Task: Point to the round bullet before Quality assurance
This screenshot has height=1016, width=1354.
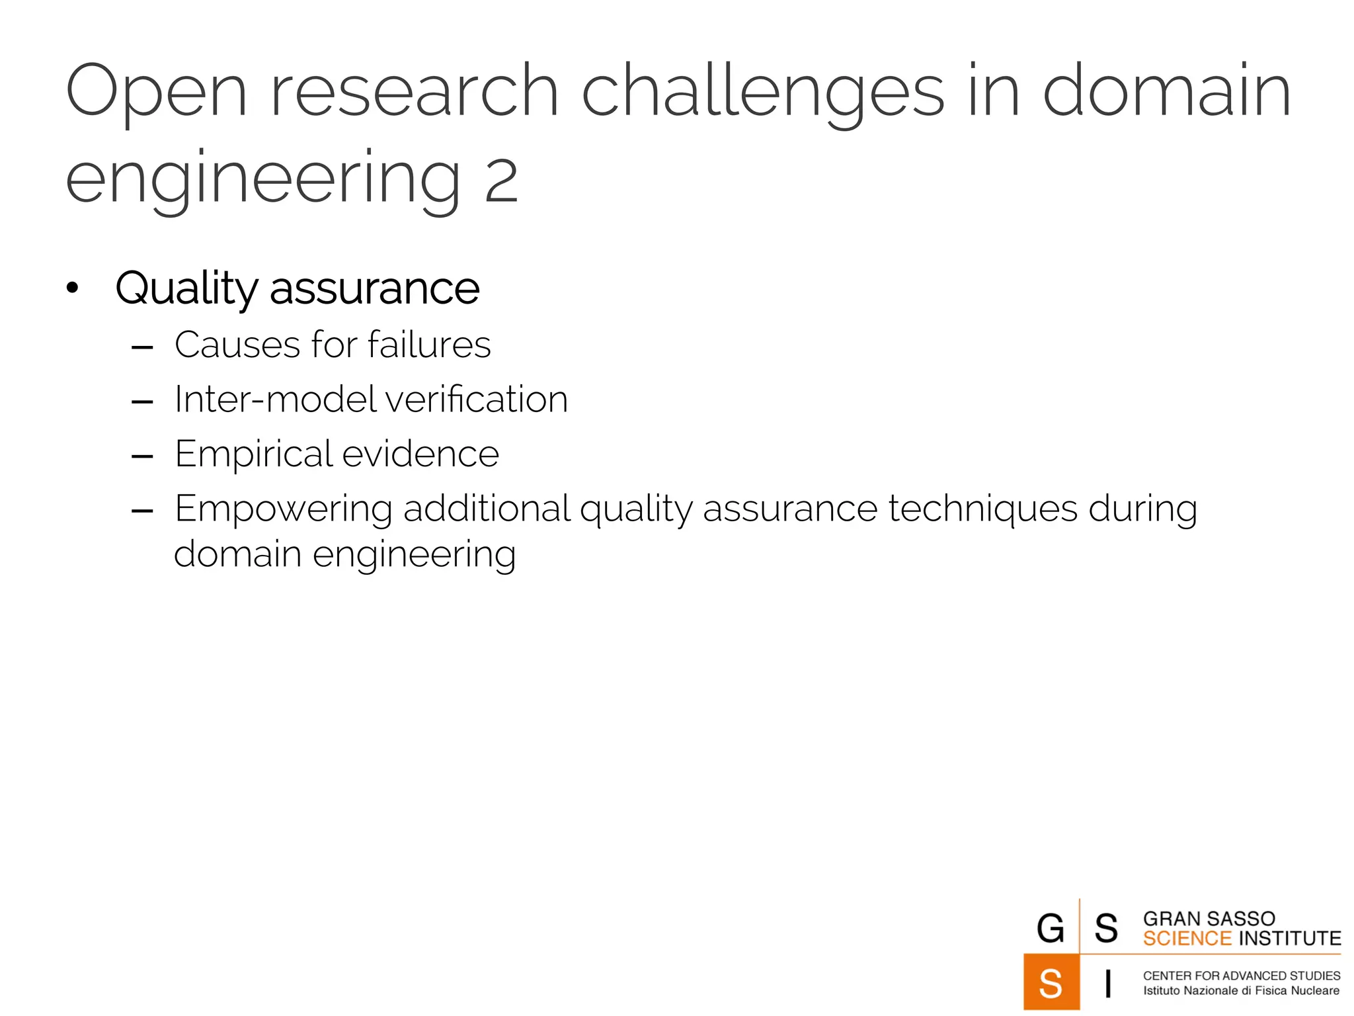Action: pyautogui.click(x=73, y=288)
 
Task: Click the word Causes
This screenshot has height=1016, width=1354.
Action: pyautogui.click(x=237, y=345)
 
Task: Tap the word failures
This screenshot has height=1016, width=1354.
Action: pyautogui.click(x=429, y=345)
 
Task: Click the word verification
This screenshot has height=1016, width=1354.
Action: pyautogui.click(x=476, y=400)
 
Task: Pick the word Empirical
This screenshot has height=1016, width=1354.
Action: pyautogui.click(x=253, y=455)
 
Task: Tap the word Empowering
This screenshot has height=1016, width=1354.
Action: pyautogui.click(x=284, y=510)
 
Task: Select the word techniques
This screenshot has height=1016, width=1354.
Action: pyautogui.click(x=982, y=510)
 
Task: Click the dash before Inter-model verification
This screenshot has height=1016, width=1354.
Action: pyautogui.click(x=142, y=402)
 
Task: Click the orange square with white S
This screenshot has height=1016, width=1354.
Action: pyautogui.click(x=1051, y=982)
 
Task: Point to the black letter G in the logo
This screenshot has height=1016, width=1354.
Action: pyautogui.click(x=1051, y=928)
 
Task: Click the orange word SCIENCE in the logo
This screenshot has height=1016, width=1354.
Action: pyautogui.click(x=1187, y=939)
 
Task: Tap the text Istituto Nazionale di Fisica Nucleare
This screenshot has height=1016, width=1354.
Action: pyautogui.click(x=1241, y=991)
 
